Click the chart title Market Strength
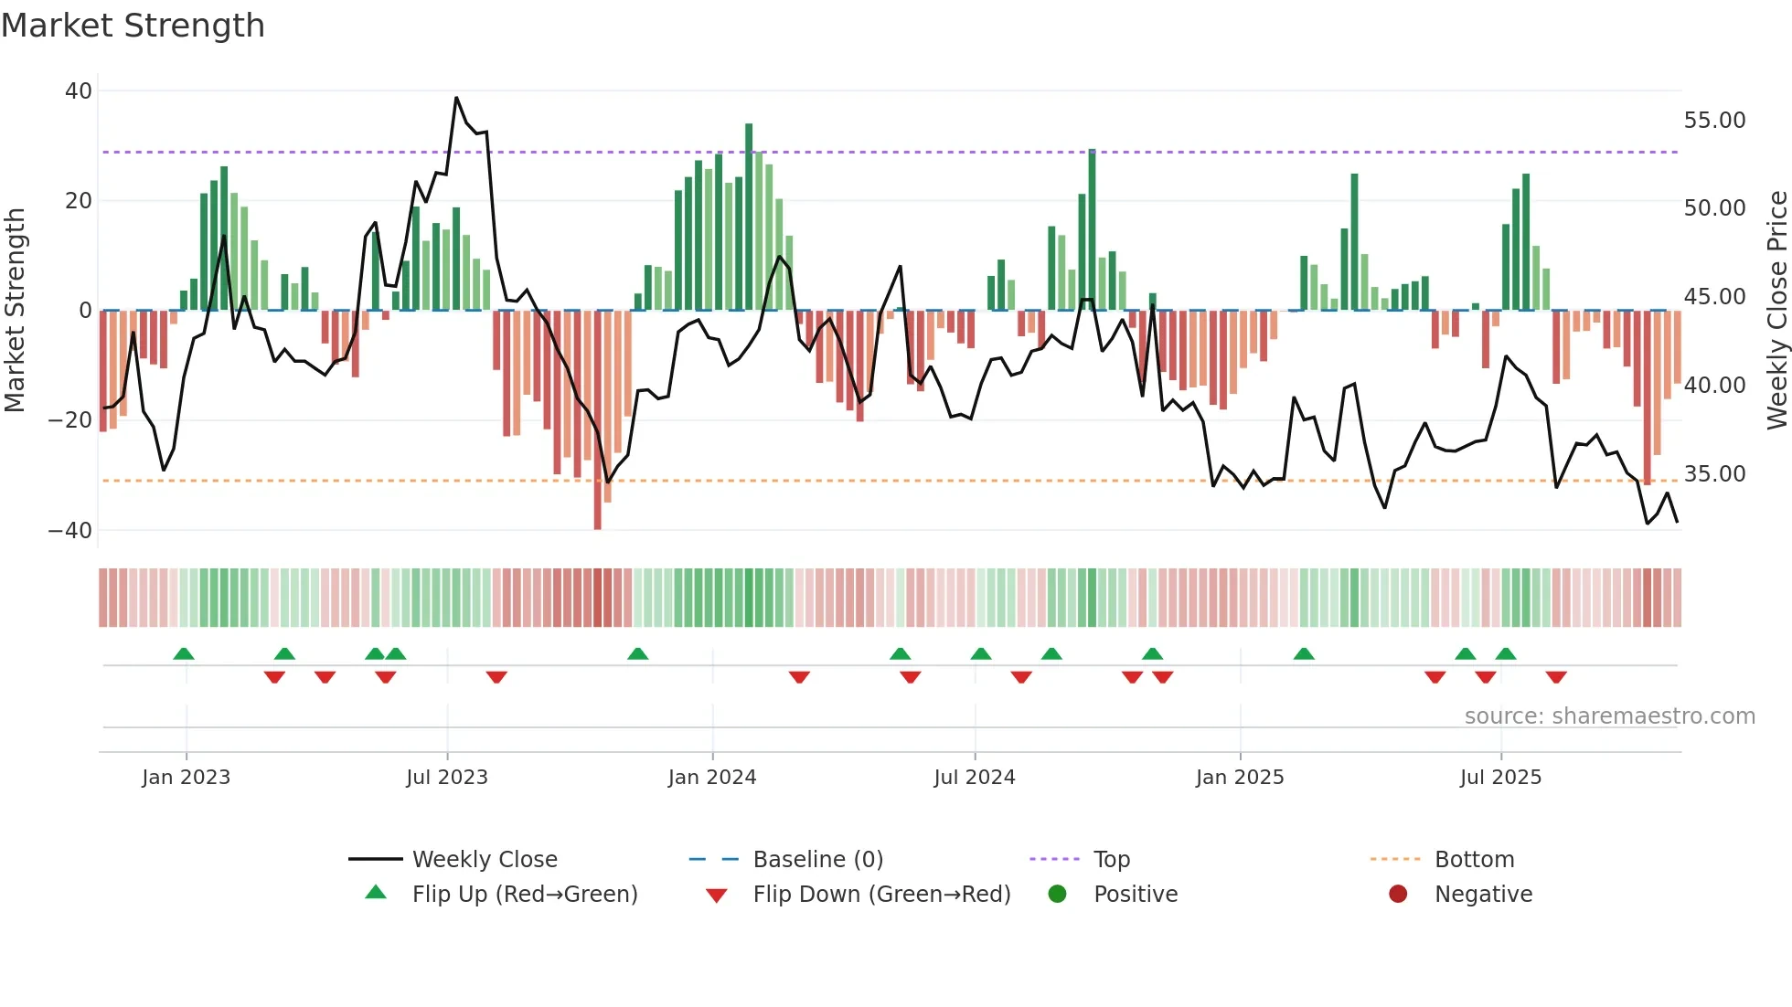[133, 26]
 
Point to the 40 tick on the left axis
[79, 91]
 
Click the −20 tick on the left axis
[69, 420]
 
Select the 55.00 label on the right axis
[1714, 121]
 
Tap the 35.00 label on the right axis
[1714, 474]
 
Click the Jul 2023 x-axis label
[447, 778]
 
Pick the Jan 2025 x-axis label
[1240, 778]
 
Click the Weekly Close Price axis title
[1776, 311]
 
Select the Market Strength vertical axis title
[15, 311]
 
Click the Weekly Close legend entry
[484, 860]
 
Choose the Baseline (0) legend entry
[817, 860]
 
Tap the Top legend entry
[1112, 860]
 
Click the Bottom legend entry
[1474, 860]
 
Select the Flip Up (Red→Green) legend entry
[524, 895]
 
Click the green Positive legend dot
[1058, 895]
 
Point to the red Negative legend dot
[1398, 895]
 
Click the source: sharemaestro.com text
[1609, 716]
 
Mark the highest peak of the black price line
[456, 98]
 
